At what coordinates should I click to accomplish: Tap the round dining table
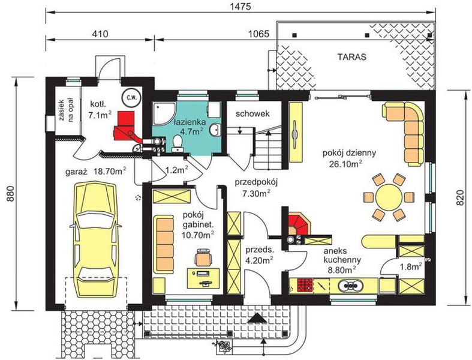tap(389, 197)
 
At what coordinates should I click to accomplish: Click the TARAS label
tap(352, 57)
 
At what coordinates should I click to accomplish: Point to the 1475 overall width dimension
tap(241, 7)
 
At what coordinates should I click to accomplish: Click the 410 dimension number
tap(100, 34)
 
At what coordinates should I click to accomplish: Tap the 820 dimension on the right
tap(460, 197)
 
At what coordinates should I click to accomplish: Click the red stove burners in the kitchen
tap(305, 285)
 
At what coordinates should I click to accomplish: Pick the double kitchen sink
tap(351, 285)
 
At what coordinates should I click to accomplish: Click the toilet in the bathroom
tap(177, 143)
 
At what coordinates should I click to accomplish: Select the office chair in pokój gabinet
tap(204, 257)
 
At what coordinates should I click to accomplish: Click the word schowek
tap(252, 113)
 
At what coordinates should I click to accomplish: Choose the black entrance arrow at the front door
tap(257, 318)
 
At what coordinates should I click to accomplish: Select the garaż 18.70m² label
tap(96, 172)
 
